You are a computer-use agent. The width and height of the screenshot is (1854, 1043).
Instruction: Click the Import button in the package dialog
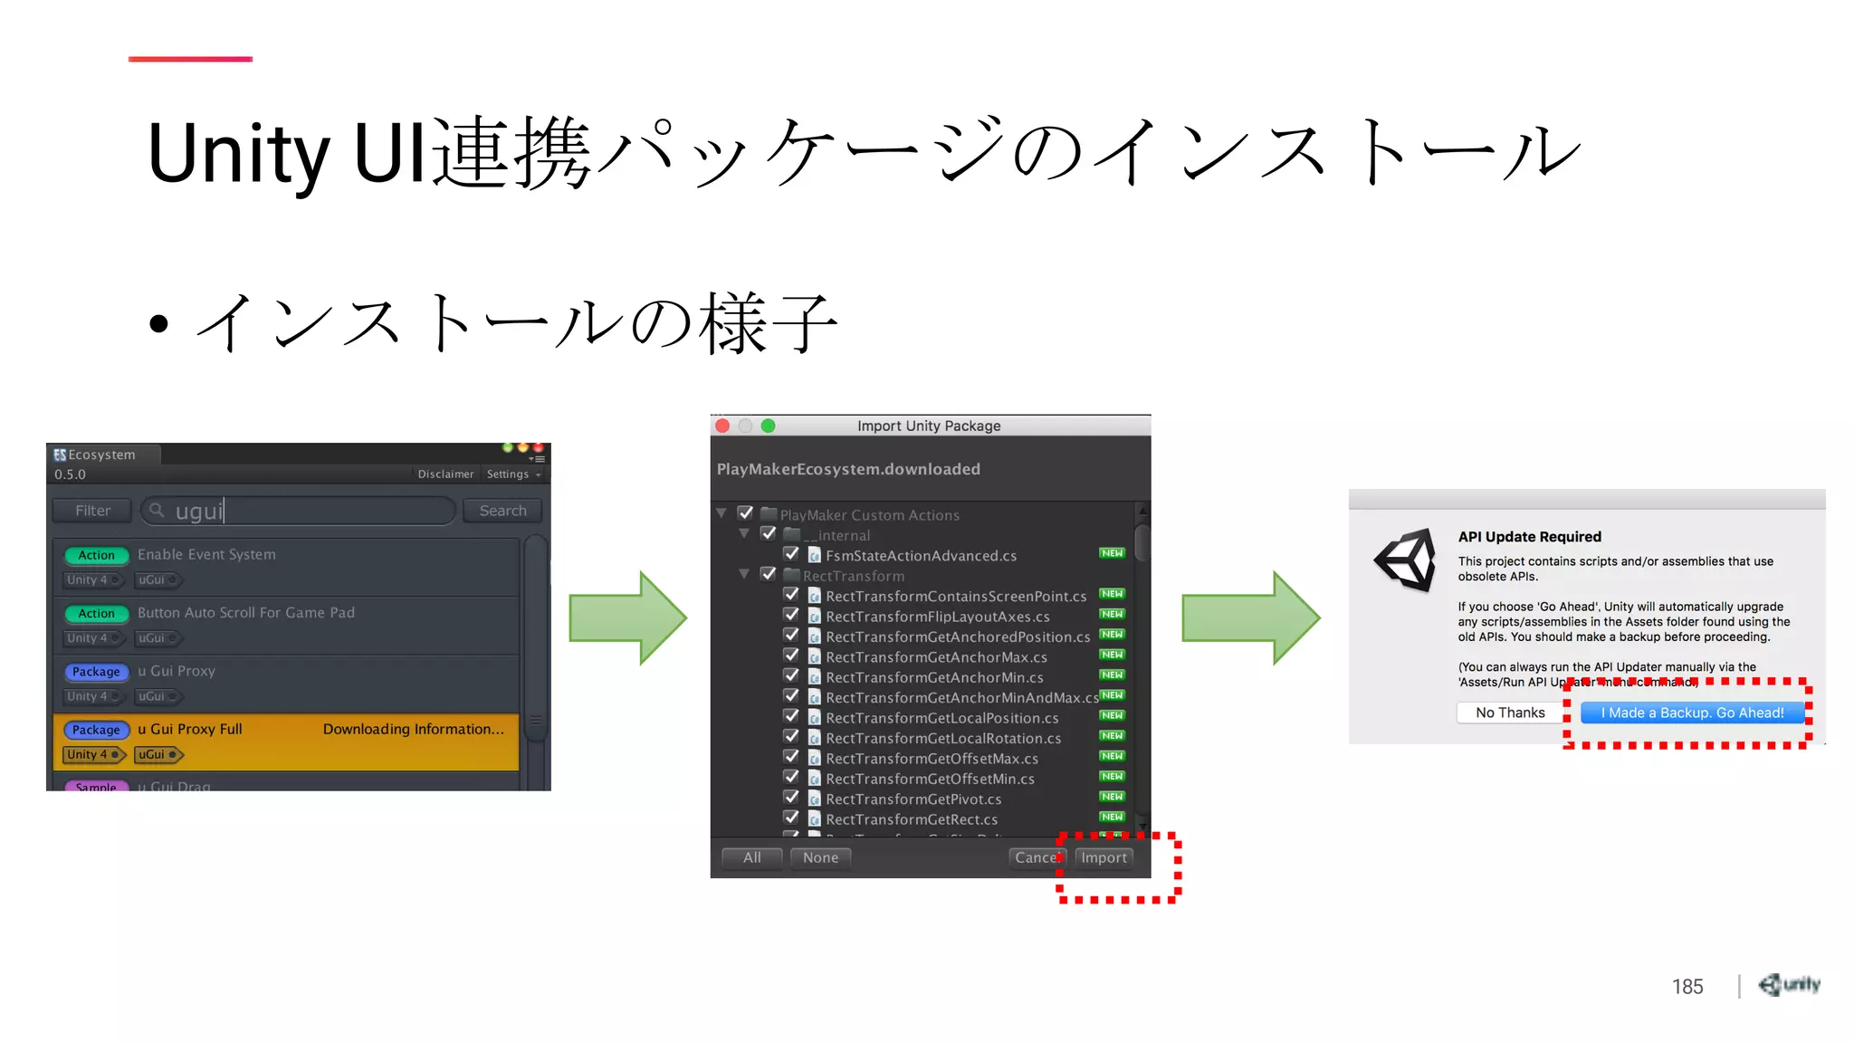(x=1104, y=857)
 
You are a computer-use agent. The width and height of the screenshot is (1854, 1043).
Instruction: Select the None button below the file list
(x=820, y=857)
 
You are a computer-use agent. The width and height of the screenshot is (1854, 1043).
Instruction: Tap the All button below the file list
(x=751, y=857)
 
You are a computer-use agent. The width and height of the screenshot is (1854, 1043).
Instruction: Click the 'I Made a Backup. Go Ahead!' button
(x=1692, y=713)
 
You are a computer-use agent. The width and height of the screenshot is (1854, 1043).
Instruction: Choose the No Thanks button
(x=1510, y=713)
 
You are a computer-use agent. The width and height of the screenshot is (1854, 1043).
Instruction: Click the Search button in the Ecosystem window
(x=502, y=511)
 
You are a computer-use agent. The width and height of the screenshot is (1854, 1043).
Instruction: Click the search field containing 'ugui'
(x=299, y=511)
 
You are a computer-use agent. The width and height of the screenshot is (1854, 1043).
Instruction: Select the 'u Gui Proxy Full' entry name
(x=190, y=729)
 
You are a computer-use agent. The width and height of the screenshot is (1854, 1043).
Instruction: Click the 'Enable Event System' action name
(x=206, y=554)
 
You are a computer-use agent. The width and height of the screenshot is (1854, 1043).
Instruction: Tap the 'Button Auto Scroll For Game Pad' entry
(x=246, y=613)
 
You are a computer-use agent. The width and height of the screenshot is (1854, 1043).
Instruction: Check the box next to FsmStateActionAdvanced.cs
(x=791, y=554)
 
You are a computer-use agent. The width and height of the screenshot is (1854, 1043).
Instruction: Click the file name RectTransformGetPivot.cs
(x=913, y=799)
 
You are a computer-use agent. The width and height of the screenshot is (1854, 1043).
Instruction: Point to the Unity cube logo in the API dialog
(x=1406, y=560)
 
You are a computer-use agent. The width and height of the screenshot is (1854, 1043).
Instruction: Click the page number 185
(x=1687, y=987)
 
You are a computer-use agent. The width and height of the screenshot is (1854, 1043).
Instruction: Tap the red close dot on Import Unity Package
(x=722, y=426)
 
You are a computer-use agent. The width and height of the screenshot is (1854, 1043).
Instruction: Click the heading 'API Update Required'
(x=1529, y=537)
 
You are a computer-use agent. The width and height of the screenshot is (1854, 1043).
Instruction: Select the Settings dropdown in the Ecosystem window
(x=512, y=474)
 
